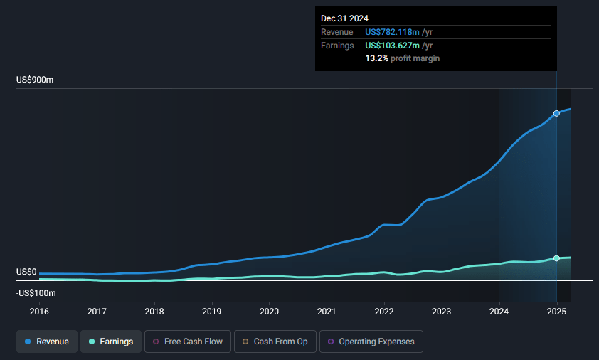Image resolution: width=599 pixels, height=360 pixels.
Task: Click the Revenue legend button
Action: tap(48, 342)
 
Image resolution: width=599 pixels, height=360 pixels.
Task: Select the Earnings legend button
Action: tap(107, 342)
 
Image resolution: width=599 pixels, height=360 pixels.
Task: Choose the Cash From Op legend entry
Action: tap(275, 342)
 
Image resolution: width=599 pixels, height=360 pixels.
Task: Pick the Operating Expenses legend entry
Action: tap(371, 342)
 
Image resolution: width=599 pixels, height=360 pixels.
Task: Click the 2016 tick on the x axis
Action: tap(39, 311)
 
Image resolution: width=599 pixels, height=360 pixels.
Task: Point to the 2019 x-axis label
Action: tap(211, 311)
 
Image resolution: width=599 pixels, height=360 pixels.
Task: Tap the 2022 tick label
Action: tap(384, 311)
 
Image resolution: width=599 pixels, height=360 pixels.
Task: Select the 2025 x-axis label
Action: tap(556, 311)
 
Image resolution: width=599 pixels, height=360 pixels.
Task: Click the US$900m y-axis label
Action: tap(35, 80)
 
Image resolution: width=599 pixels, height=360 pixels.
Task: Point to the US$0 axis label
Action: tap(26, 272)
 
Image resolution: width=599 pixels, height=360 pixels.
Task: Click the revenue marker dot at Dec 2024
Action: tap(556, 113)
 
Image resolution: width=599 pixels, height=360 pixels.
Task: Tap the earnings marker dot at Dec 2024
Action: tap(556, 258)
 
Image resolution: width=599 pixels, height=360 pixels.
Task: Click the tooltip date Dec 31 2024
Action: tap(345, 18)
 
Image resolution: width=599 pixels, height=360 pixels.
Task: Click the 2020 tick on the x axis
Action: tap(269, 311)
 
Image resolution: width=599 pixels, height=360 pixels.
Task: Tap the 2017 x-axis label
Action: tap(97, 311)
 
